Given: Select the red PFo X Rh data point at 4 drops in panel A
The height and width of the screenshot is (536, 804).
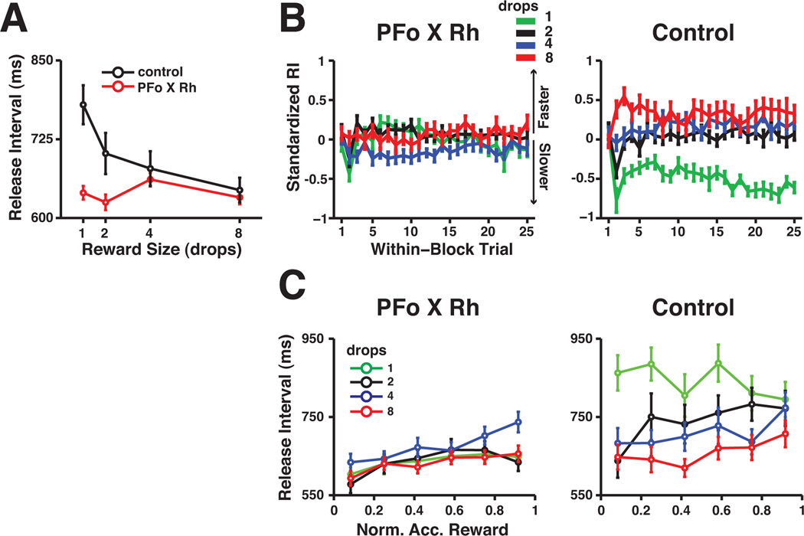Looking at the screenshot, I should (150, 180).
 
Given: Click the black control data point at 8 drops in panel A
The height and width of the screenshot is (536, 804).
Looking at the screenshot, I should (240, 190).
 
